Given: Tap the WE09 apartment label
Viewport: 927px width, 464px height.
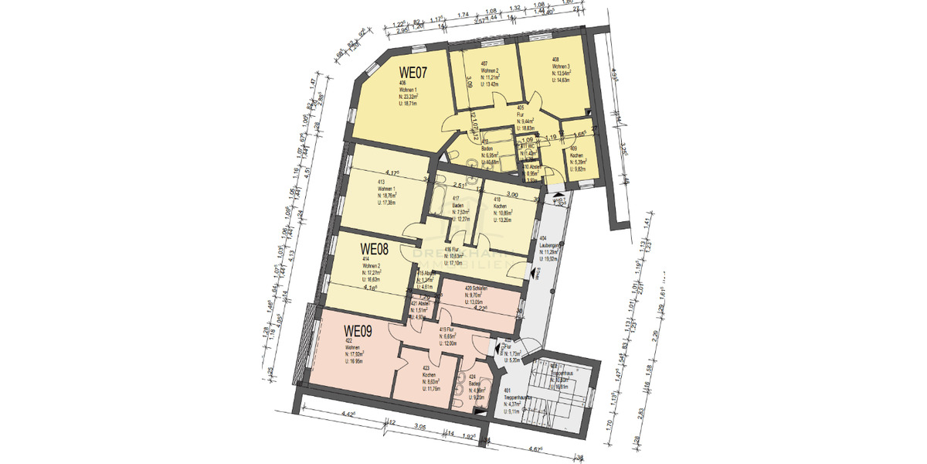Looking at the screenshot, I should (358, 331).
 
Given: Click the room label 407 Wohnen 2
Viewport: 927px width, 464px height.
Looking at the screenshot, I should (489, 73).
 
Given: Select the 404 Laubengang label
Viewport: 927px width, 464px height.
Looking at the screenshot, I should (550, 250).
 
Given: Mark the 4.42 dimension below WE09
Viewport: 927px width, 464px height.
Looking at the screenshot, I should (347, 415).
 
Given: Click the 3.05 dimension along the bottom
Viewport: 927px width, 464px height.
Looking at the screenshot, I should (421, 426).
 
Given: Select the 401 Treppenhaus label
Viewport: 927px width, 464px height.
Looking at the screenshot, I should (514, 398).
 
